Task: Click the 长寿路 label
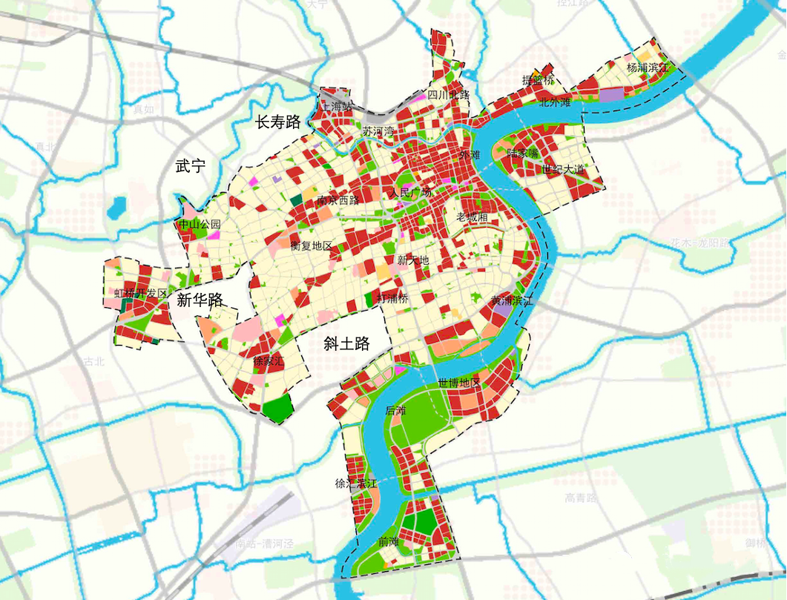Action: click(x=277, y=122)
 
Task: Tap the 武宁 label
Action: click(x=190, y=166)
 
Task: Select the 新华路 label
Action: click(x=200, y=300)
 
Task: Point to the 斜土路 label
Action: click(x=347, y=343)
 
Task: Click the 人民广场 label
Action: click(x=410, y=193)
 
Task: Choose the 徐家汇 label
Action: click(x=269, y=362)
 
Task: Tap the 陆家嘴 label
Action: click(x=522, y=154)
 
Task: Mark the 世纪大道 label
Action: click(x=563, y=170)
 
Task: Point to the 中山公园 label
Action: click(x=200, y=224)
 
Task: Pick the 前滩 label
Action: click(x=388, y=542)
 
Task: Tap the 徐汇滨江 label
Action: click(x=357, y=484)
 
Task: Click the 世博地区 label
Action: click(x=459, y=383)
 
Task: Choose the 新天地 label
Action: click(x=413, y=260)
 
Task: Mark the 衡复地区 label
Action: click(x=311, y=245)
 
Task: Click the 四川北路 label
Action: click(x=449, y=95)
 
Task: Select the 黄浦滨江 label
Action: click(x=512, y=301)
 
